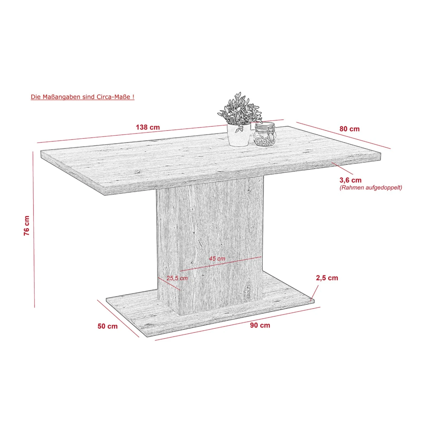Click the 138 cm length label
coord(148,127)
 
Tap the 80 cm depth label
coord(349,129)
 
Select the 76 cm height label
coord(27,226)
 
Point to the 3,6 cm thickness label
coord(350,180)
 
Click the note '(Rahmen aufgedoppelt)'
coord(371,188)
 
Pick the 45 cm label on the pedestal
coord(217,258)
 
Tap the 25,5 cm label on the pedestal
coord(177,278)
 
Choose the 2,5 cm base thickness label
coord(327,278)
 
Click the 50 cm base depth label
coord(107,326)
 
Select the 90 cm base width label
coord(260,325)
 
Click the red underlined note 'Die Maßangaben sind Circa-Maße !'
coord(82,97)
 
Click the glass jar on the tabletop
coord(264,134)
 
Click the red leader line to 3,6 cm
coord(342,168)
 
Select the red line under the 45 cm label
coord(221,264)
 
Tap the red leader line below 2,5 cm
coord(315,293)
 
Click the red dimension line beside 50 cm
coord(118,318)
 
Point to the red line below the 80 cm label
coord(344,135)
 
